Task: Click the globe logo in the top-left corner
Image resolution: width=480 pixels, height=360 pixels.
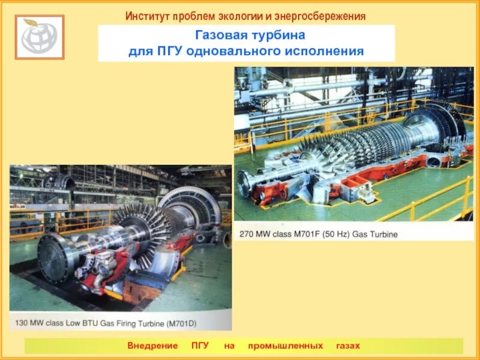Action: point(40,37)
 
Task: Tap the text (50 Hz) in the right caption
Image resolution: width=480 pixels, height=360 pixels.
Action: point(335,233)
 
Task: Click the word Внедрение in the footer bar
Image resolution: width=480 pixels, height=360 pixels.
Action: point(152,346)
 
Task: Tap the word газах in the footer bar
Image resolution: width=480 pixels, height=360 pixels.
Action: point(347,346)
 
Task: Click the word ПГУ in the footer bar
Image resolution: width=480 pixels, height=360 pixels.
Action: point(200,346)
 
